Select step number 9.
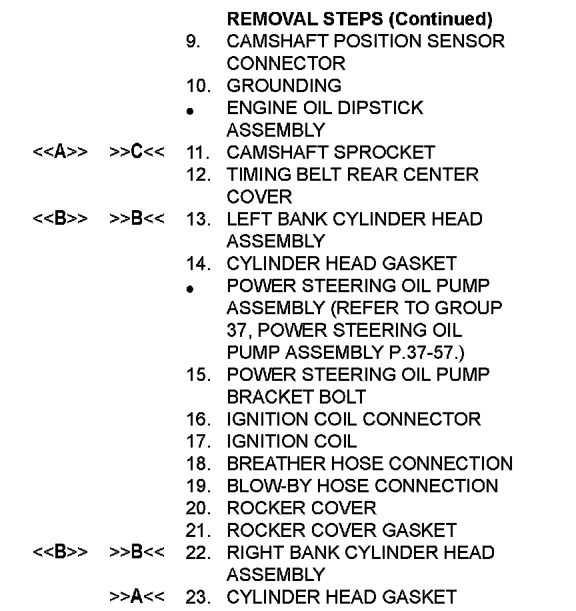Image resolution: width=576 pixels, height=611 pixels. [x=193, y=41]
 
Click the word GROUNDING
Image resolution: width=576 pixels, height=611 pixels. [x=284, y=85]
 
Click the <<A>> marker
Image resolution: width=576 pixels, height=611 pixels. [x=60, y=152]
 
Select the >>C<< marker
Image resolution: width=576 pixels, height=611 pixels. [x=137, y=152]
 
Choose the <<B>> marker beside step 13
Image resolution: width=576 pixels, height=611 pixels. [x=60, y=219]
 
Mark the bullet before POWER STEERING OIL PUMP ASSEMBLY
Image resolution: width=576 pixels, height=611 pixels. [x=190, y=289]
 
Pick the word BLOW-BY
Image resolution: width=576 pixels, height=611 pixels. [x=267, y=486]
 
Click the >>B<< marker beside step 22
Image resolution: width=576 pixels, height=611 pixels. [x=137, y=552]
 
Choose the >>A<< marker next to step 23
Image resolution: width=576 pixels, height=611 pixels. [x=137, y=596]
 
